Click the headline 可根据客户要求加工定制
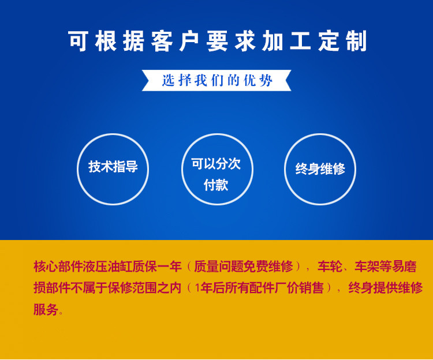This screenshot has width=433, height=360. (x=218, y=42)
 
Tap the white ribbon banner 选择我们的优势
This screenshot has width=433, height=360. (x=216, y=80)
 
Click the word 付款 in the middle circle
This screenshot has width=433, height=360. (x=216, y=185)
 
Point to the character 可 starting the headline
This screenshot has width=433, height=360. (x=79, y=42)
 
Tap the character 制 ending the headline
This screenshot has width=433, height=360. (x=357, y=42)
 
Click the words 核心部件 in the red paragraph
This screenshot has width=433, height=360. (x=58, y=267)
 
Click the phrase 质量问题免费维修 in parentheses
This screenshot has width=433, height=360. (x=243, y=267)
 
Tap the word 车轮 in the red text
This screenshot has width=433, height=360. (x=330, y=267)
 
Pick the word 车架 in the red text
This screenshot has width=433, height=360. (x=367, y=267)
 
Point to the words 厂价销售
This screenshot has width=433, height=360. (x=299, y=288)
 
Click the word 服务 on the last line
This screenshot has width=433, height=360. (x=46, y=309)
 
